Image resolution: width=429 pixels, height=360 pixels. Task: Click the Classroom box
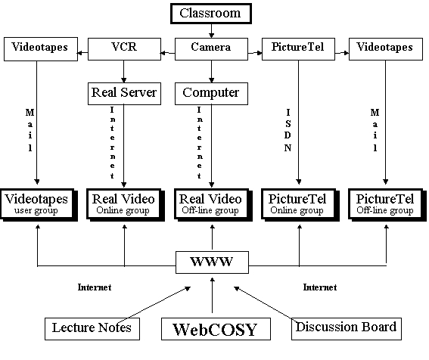211,14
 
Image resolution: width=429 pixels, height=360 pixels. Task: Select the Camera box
211,49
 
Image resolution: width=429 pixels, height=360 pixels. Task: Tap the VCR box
124,49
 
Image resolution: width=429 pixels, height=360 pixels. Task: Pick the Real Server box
124,94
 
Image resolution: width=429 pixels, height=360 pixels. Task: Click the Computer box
211,94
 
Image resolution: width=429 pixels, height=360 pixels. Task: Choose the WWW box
212,262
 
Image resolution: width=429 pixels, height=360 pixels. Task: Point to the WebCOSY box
216,329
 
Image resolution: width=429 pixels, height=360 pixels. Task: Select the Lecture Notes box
92,329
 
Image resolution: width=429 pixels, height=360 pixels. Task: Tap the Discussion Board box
347,329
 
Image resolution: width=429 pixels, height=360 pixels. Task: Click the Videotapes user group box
39,205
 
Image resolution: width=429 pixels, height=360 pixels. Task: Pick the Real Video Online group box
126,205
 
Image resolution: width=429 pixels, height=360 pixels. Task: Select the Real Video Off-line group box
213,205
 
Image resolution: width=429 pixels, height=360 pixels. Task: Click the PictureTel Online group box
300,205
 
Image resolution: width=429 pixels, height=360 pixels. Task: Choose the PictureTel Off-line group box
387,205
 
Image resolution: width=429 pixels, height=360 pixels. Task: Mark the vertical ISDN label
288,130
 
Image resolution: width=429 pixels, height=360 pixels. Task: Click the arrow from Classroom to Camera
211,31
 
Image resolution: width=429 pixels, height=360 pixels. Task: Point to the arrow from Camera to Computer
211,71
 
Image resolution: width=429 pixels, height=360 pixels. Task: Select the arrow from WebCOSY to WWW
212,295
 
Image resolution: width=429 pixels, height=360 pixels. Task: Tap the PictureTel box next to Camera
298,49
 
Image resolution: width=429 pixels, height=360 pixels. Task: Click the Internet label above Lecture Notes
95,287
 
